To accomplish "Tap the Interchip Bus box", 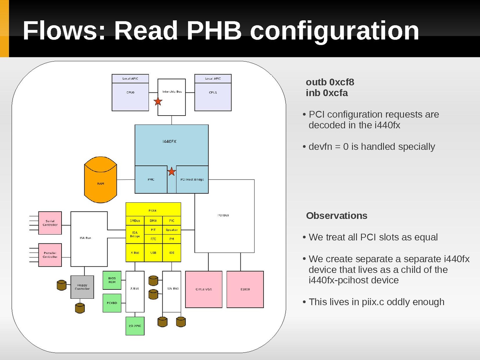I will click(x=172, y=97).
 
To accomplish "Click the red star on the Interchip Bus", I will click(x=158, y=101).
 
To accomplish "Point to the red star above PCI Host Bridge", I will click(x=171, y=172).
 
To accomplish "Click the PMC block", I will click(x=151, y=180).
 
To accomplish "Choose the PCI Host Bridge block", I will click(x=192, y=180).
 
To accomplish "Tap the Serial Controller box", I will click(x=50, y=223).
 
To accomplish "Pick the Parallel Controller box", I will click(x=50, y=255).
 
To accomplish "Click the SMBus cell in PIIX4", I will click(x=135, y=221).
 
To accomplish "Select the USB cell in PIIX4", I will click(x=153, y=253).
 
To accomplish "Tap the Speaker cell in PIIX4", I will click(x=172, y=230).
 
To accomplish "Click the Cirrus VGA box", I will click(x=204, y=289).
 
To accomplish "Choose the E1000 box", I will click(x=245, y=289).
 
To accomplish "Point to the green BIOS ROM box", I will click(x=112, y=280).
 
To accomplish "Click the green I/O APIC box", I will click(x=135, y=326).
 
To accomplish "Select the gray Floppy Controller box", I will click(x=82, y=287).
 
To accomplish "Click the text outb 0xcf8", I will click(x=330, y=82).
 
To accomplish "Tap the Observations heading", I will click(x=337, y=216).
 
